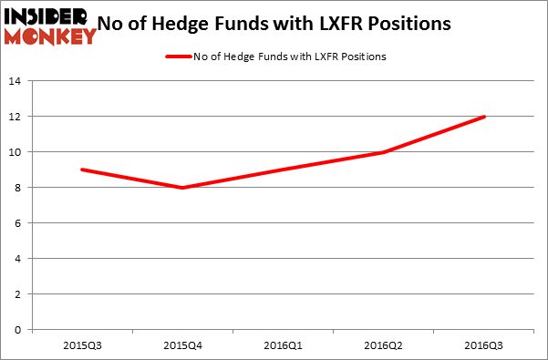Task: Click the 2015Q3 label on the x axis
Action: pos(82,346)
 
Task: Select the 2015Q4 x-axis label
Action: pos(182,346)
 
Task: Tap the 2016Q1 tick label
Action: pos(283,346)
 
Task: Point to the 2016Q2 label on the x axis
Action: pos(383,346)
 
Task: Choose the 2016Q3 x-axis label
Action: pos(483,346)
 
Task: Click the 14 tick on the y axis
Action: pos(17,81)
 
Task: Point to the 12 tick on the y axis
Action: pos(17,117)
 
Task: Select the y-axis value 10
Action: pos(17,152)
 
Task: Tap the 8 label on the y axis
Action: pos(21,188)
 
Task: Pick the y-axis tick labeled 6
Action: pos(21,223)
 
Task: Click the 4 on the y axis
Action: pos(21,259)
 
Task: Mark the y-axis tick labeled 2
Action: pos(21,294)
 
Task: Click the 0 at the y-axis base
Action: pos(21,330)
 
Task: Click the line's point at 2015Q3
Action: pos(82,170)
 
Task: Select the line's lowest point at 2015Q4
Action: pos(182,188)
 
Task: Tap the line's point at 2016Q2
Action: pos(383,152)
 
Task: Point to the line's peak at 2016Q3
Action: pos(483,117)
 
